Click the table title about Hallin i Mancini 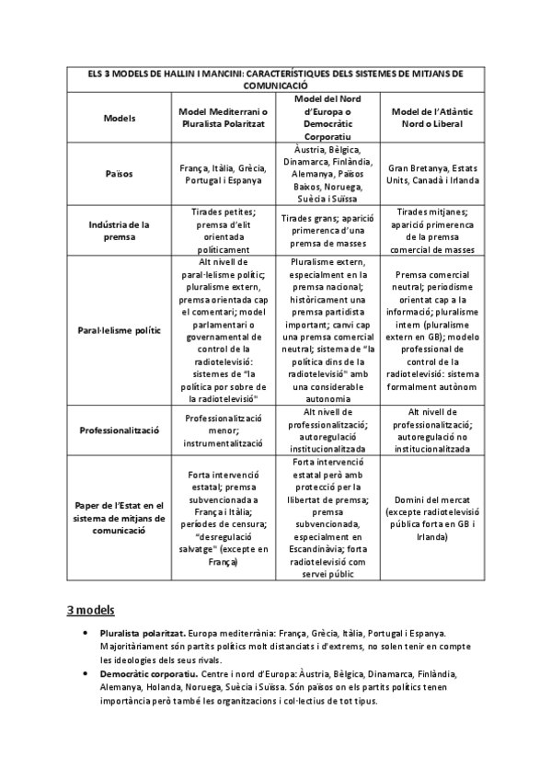click(x=273, y=78)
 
